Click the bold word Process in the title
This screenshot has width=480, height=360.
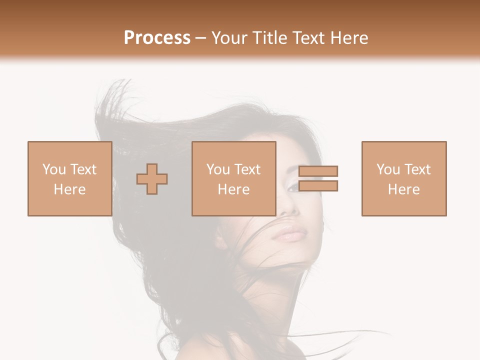(157, 37)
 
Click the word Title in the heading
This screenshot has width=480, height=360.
(270, 37)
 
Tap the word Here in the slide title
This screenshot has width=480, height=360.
(348, 37)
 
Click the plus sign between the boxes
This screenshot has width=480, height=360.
(152, 178)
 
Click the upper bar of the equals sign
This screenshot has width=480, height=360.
(318, 171)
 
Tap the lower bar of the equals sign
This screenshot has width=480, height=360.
(318, 186)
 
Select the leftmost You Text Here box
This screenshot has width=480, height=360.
(69, 178)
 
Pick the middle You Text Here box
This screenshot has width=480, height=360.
(233, 178)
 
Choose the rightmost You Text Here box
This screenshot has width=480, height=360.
(403, 178)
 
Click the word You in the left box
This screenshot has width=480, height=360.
(54, 169)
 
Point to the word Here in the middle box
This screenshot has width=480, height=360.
(233, 189)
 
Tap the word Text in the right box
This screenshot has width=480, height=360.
(417, 169)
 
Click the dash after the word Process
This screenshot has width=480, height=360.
(200, 38)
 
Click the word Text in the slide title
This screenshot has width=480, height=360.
(308, 37)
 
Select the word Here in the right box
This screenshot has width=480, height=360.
(403, 189)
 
